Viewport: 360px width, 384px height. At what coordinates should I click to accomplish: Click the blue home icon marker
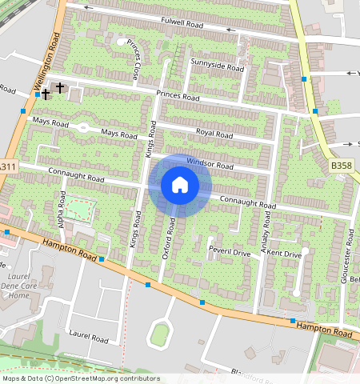pos(180,186)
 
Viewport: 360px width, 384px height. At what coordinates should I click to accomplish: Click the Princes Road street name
pos(178,96)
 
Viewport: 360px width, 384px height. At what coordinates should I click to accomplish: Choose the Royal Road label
pos(214,134)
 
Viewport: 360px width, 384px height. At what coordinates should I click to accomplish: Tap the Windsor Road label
pos(210,164)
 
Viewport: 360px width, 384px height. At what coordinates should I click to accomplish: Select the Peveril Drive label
pos(230,252)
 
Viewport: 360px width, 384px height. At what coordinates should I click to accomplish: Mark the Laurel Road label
pos(88,338)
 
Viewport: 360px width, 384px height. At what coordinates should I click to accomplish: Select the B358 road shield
pos(340,165)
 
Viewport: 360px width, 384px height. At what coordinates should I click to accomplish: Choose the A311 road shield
pos(6,166)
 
